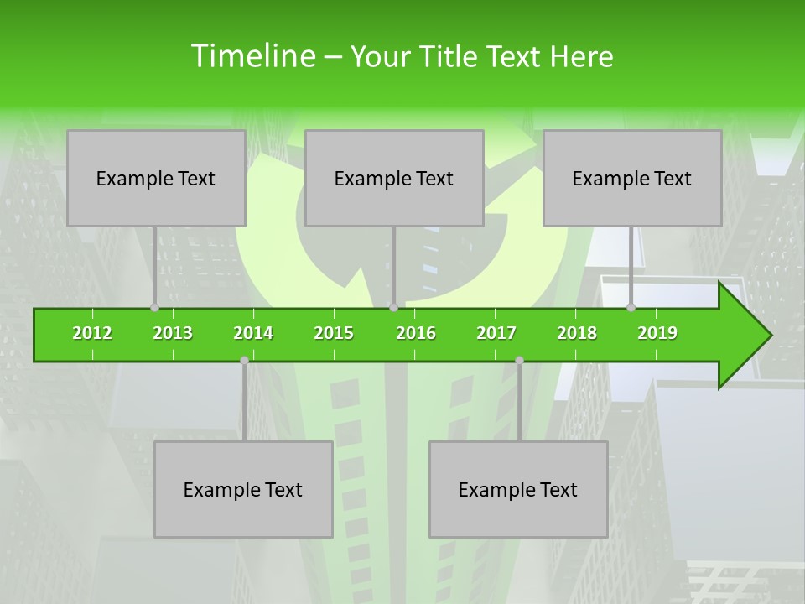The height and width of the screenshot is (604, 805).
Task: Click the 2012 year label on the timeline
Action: click(x=92, y=333)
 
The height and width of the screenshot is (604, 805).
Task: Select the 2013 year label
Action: click(x=173, y=333)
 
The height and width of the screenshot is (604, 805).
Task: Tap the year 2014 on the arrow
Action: click(x=253, y=333)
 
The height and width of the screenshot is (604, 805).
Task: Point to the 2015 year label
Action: click(x=334, y=333)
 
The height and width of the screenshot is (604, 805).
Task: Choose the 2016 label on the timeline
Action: click(x=416, y=333)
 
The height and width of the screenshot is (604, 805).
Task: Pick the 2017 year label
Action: click(x=496, y=333)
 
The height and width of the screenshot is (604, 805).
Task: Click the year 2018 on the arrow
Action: click(x=577, y=333)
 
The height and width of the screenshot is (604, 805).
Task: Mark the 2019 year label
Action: click(x=657, y=333)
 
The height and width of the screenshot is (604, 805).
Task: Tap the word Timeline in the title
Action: click(x=251, y=56)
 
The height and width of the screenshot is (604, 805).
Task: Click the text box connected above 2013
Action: click(x=156, y=178)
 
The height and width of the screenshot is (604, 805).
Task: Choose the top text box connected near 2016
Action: click(x=394, y=178)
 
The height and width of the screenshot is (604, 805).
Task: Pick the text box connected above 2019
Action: click(x=632, y=178)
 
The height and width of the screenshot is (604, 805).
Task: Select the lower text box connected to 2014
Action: click(x=243, y=489)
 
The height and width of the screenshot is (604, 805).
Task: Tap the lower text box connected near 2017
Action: click(x=518, y=489)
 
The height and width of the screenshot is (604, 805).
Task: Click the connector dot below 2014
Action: click(x=244, y=360)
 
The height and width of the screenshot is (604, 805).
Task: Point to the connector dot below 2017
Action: click(x=519, y=360)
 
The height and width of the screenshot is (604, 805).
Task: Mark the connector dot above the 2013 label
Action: click(x=155, y=307)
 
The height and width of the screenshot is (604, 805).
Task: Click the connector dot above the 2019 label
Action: click(x=631, y=307)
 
